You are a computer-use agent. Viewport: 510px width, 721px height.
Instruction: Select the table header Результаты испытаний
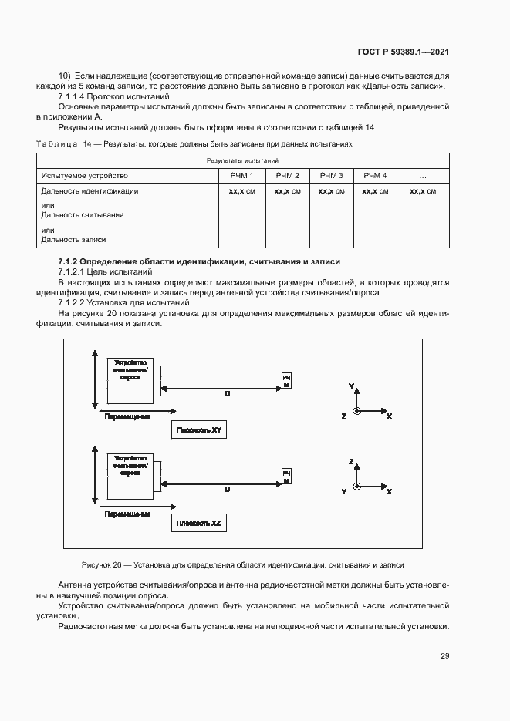242,160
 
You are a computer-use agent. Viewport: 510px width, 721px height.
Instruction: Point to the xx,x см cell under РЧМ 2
287,191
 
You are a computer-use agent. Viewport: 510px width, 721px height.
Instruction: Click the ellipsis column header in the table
422,176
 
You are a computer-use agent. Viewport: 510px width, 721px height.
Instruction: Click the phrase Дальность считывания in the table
83,216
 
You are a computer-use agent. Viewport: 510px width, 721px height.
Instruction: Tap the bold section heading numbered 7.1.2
198,262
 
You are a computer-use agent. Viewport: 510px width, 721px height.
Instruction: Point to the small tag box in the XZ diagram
286,475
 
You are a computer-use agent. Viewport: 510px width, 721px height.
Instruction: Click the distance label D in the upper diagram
227,394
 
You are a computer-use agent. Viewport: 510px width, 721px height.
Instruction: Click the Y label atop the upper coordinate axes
351,384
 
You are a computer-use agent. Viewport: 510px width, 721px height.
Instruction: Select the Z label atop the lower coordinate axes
351,461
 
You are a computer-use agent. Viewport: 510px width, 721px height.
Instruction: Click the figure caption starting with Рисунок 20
242,564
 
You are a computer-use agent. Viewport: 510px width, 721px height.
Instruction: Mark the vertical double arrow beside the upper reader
94,378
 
